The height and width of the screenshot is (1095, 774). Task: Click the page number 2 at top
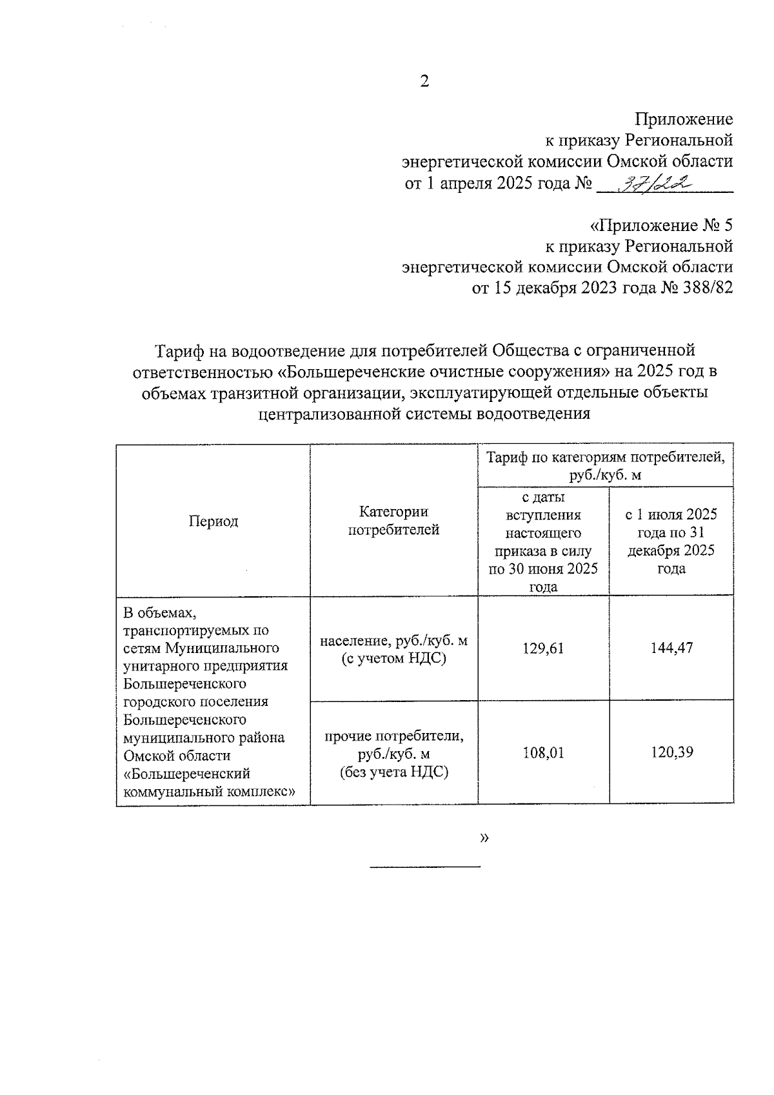pyautogui.click(x=424, y=81)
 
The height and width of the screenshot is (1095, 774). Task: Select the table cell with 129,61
pyautogui.click(x=543, y=648)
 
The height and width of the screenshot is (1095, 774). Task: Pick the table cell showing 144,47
pyautogui.click(x=671, y=648)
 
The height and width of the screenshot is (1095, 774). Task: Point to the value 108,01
pyautogui.click(x=543, y=752)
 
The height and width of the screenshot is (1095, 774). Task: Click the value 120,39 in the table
pyautogui.click(x=671, y=752)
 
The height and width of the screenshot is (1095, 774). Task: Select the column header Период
pyautogui.click(x=213, y=521)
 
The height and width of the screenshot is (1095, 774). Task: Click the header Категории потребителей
pyautogui.click(x=393, y=521)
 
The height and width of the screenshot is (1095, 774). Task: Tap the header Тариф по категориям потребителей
pyautogui.click(x=605, y=466)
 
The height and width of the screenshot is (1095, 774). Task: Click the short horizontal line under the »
pyautogui.click(x=424, y=866)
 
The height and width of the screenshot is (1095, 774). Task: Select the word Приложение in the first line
pyautogui.click(x=683, y=119)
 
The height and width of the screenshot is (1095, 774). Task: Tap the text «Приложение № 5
pyautogui.click(x=662, y=226)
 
